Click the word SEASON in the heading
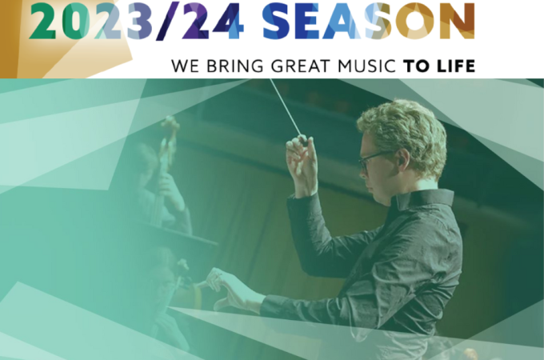369,22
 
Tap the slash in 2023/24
168,21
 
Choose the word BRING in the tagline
235,66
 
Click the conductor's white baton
286,107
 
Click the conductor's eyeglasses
373,160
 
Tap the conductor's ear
403,158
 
